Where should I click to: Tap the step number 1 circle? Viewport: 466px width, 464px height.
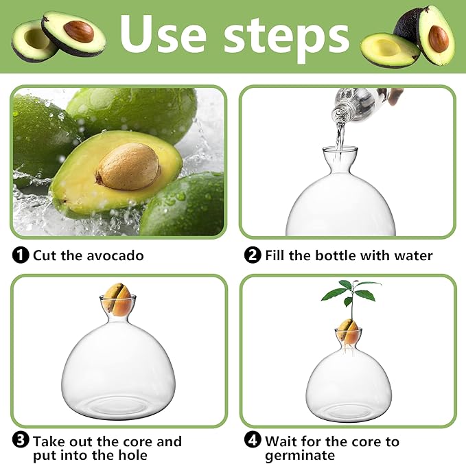pos(21,255)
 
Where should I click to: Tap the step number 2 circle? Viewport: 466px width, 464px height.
pos(253,255)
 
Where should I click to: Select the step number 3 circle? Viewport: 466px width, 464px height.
pos(21,441)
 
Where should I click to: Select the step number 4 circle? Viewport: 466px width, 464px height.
pos(253,441)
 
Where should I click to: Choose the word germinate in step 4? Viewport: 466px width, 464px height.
pos(300,456)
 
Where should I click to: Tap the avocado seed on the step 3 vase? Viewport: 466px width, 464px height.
pos(121,300)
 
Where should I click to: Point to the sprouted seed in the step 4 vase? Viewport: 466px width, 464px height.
pos(349,332)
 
